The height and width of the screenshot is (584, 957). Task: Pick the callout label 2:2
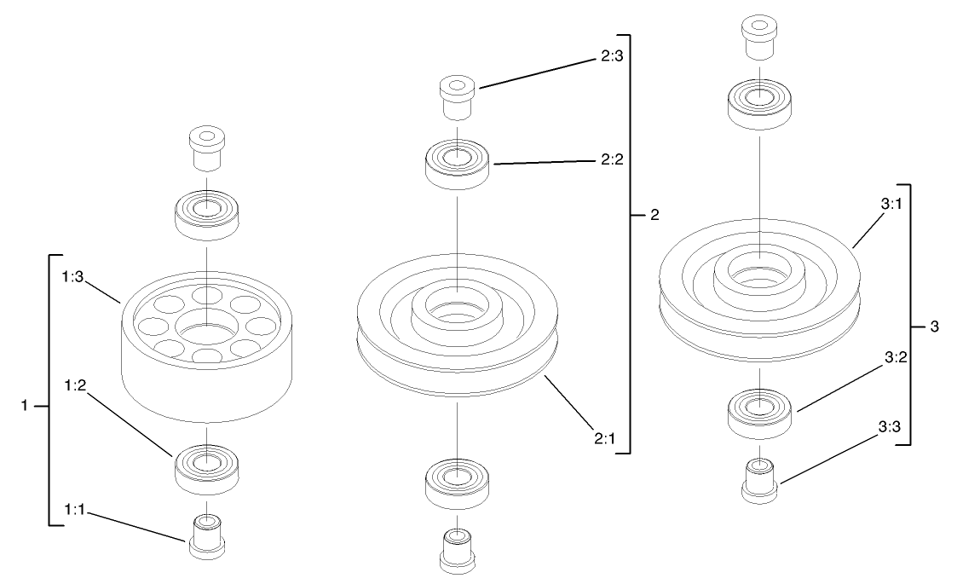coord(609,159)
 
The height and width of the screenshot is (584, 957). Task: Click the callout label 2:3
coord(609,61)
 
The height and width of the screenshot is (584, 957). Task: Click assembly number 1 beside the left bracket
coord(23,407)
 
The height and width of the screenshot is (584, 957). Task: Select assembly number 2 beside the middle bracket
coord(654,215)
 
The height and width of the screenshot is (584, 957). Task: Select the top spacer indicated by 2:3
coord(457,96)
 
